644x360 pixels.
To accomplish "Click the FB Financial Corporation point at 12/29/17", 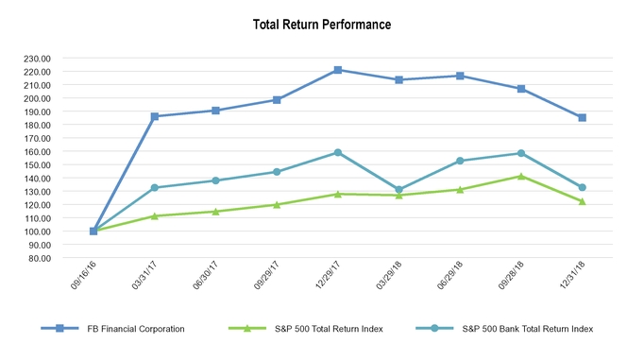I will (338, 70).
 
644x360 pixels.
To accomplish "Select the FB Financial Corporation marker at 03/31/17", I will (155, 116).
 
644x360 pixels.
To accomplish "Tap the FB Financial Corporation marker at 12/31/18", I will (582, 118).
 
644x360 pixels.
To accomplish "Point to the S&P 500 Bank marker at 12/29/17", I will (338, 152).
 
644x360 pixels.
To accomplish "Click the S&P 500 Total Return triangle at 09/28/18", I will (521, 176).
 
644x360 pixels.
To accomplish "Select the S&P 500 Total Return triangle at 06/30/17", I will (216, 211).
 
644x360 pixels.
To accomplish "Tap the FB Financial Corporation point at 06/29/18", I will (460, 76).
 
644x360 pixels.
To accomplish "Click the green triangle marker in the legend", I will (247, 329).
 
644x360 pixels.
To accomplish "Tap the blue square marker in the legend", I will (59, 329).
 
